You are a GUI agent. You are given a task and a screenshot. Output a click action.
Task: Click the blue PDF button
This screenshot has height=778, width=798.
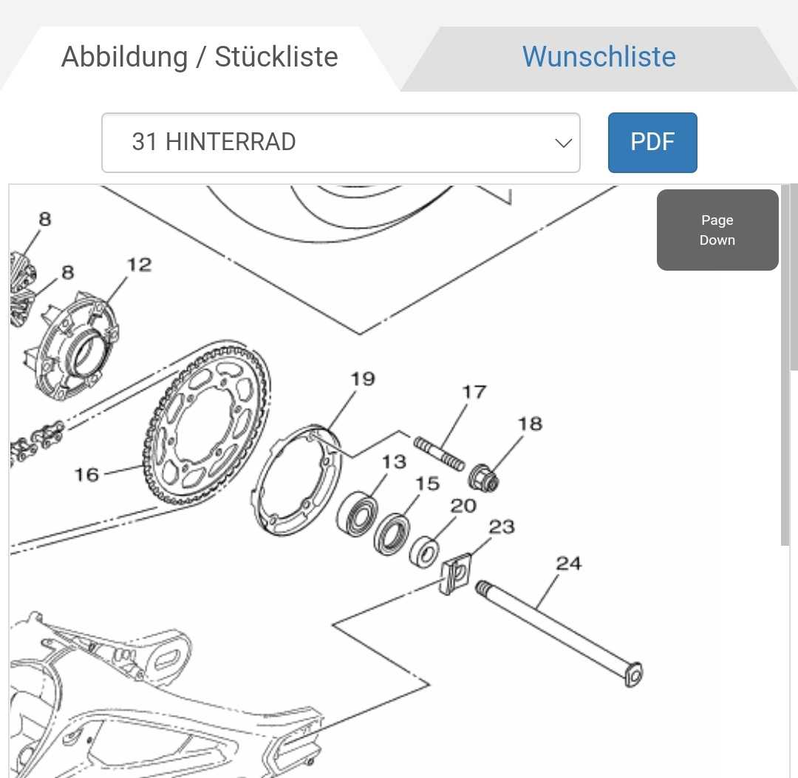652,142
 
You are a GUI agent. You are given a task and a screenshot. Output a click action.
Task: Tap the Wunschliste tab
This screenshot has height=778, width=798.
599,56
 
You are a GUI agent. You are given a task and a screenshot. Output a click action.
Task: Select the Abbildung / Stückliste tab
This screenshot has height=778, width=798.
199,56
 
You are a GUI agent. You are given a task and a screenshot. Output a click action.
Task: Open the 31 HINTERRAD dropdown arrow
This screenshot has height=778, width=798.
563,143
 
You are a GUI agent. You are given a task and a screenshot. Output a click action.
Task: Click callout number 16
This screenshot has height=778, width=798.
86,474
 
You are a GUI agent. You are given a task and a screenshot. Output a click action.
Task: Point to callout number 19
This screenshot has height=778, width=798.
363,379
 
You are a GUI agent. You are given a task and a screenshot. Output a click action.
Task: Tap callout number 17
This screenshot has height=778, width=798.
474,392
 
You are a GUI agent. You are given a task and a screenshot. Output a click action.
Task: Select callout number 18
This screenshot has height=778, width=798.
530,424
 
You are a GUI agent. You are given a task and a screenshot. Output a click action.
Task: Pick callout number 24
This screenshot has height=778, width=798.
568,564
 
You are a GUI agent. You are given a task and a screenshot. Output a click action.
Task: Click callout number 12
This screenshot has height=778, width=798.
139,265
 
